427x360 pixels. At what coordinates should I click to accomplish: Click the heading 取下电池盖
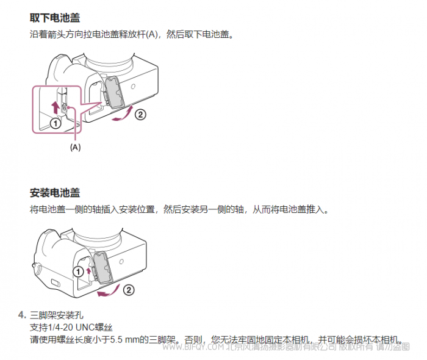55,18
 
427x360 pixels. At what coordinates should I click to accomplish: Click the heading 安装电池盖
55,193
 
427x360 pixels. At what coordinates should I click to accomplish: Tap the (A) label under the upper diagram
76,147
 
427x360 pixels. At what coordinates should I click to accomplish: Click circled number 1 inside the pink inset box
56,124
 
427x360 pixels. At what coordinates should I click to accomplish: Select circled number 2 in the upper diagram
140,114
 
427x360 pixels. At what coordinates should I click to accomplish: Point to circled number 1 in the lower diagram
78,272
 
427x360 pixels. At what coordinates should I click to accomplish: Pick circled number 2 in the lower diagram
129,290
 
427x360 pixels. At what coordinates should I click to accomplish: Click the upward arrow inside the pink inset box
56,107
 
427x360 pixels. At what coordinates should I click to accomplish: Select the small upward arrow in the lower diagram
88,271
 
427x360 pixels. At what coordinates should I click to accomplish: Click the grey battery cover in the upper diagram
115,93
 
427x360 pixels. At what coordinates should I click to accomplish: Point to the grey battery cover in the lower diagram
102,268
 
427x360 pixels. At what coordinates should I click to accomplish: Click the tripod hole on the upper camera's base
133,87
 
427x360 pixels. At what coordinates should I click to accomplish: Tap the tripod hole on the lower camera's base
121,262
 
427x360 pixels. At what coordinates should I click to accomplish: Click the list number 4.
22,315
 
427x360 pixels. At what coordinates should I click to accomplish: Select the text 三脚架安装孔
56,315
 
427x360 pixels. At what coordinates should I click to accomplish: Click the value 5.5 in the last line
117,340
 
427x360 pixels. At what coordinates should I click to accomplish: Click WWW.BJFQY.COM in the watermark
193,347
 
